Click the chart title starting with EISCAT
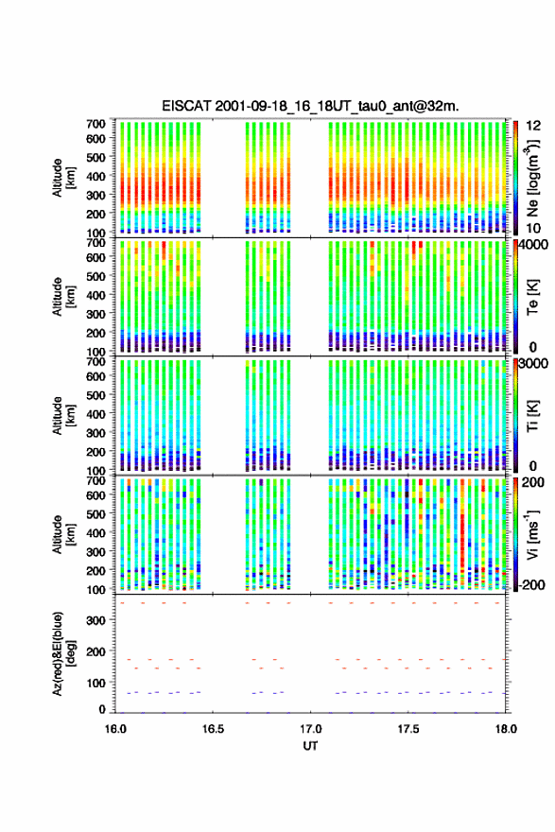coord(310,106)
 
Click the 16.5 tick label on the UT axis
coord(213,729)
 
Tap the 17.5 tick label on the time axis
coord(408,729)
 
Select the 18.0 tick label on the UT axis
coord(506,729)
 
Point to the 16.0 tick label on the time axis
coord(115,729)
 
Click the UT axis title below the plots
coord(310,746)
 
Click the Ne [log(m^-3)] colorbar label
coord(532,179)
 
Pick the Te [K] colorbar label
coord(532,297)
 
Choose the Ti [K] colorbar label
coord(532,415)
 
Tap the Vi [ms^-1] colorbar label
coord(532,534)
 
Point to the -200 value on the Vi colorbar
coord(531,584)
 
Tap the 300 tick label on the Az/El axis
coord(95,620)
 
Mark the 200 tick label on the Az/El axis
coord(95,651)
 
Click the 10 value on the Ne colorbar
coord(533,229)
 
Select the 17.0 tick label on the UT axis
coord(310,729)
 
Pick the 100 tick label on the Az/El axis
coord(95,683)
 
